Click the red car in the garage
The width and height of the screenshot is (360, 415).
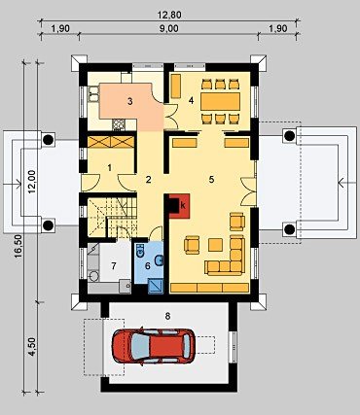pos(154,347)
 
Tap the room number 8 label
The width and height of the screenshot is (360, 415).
pos(167,316)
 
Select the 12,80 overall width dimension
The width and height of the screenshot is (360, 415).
pos(169,15)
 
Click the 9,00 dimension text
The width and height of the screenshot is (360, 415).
pos(169,28)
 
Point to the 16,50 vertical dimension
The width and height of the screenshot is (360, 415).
pos(18,247)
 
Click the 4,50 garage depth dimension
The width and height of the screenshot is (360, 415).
pos(32,347)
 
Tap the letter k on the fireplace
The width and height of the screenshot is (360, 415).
pos(183,205)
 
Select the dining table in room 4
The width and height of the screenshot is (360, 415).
pos(221,101)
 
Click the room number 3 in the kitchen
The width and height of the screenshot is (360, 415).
pos(130,101)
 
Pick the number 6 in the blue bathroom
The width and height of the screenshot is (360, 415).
pos(148,266)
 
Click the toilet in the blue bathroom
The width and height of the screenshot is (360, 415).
pos(140,252)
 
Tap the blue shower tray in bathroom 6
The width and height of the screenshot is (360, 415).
pos(155,286)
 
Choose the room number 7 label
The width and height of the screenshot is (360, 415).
pos(114,266)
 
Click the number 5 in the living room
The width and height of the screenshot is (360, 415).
pos(211,179)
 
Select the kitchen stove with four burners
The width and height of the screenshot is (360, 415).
pos(119,124)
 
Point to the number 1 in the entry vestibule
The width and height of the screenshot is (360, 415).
pos(110,167)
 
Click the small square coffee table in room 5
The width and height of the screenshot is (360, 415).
pos(215,245)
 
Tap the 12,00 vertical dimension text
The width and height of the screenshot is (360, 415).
pos(32,182)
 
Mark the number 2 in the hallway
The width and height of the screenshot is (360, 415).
pos(148,179)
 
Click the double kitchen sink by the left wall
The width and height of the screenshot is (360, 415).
pos(92,94)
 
